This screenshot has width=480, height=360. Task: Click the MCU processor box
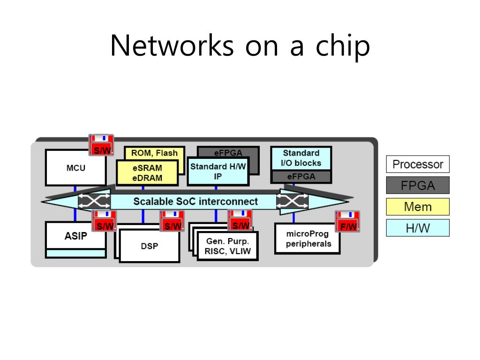(x=75, y=167)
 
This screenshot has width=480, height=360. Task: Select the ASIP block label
(x=75, y=236)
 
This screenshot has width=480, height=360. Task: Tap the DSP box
(x=150, y=246)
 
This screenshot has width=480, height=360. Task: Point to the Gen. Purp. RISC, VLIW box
(x=228, y=246)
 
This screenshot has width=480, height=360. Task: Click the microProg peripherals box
(x=307, y=239)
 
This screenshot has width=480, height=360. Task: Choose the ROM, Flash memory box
(x=154, y=153)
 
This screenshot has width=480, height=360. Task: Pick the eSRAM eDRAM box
(x=147, y=173)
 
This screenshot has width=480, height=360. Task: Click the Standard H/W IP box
(x=217, y=172)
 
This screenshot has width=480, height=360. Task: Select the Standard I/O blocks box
(x=301, y=158)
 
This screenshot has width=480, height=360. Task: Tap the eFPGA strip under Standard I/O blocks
(x=301, y=177)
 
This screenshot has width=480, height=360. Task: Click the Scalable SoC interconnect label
(x=195, y=202)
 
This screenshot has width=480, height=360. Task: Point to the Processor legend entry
(x=418, y=165)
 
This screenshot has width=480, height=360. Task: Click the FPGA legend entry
(x=418, y=185)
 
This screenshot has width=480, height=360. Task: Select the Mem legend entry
(x=418, y=207)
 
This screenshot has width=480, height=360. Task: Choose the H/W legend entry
(x=418, y=228)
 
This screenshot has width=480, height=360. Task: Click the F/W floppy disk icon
(x=347, y=221)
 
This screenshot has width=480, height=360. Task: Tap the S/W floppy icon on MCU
(x=101, y=145)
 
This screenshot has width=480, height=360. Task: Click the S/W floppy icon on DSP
(x=172, y=221)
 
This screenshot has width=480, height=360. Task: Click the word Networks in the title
(x=172, y=45)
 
